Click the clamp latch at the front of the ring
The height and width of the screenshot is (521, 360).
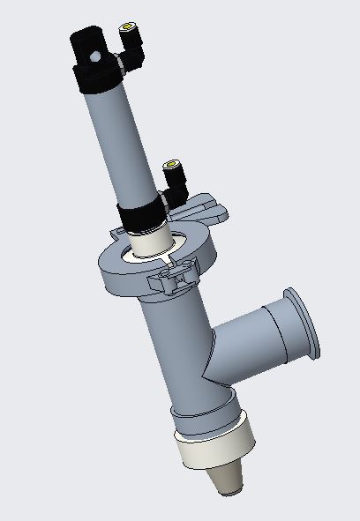coord(175,280)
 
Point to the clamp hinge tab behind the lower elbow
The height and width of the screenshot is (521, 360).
coord(206,209)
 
